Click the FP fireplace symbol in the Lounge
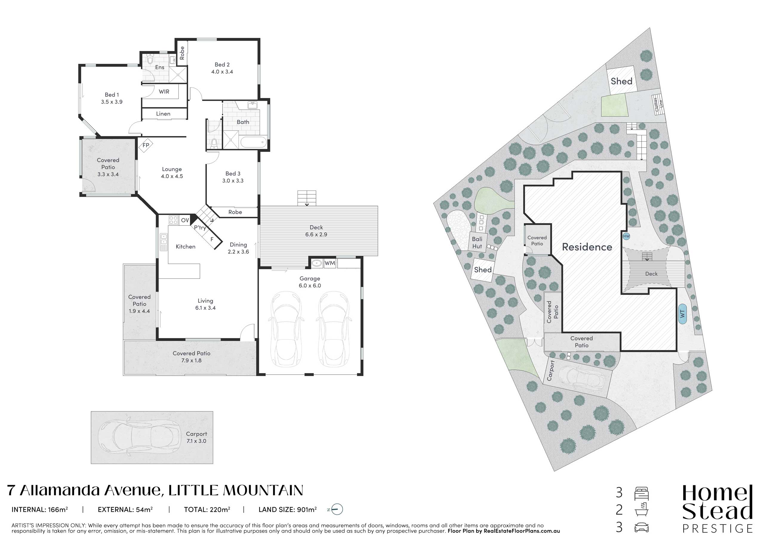click(x=146, y=145)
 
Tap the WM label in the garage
click(x=329, y=263)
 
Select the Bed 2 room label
click(x=222, y=64)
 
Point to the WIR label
click(x=164, y=92)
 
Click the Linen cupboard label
click(x=163, y=114)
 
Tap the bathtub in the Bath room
click(x=254, y=142)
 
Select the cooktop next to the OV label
click(x=173, y=220)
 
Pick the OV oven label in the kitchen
click(x=185, y=220)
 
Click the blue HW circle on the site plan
click(x=626, y=236)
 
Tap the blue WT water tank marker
click(x=683, y=313)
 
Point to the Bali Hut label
click(x=477, y=243)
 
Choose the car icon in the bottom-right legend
click(x=642, y=528)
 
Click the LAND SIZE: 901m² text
click(x=287, y=509)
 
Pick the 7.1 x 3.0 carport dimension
click(x=196, y=441)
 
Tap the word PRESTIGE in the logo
click(x=717, y=528)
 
